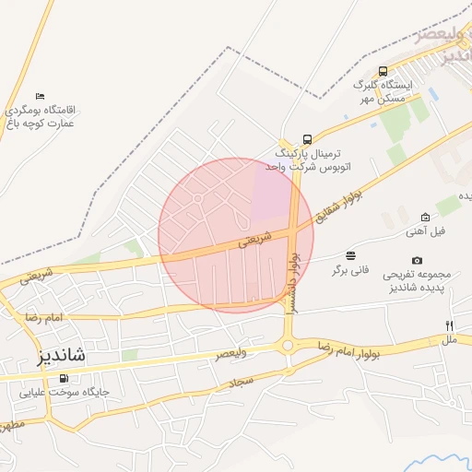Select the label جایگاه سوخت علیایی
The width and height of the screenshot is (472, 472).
pos(65,392)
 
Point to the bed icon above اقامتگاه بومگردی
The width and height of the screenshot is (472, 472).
pos(39,97)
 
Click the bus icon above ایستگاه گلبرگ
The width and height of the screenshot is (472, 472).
pos(383,71)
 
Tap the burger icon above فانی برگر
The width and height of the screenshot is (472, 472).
pos(350,255)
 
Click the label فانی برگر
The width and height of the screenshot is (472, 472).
pos(350,270)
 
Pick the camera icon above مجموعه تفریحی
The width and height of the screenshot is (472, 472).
pos(418,261)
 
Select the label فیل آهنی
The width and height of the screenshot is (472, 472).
pos(425,231)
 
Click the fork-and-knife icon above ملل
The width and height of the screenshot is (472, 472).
pos(450,326)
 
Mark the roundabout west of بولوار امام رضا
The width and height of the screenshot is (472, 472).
pos(289,346)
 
